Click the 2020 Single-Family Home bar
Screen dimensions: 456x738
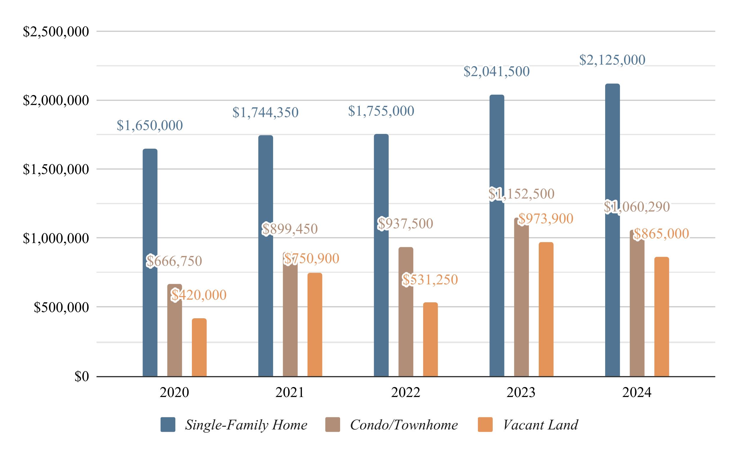(x=150, y=263)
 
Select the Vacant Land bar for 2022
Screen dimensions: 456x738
(x=430, y=339)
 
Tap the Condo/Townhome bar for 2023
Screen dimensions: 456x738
(x=521, y=297)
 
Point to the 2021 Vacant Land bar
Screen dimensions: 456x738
(x=315, y=324)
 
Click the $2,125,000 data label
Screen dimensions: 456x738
(x=612, y=60)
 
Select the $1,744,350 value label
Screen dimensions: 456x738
(x=265, y=112)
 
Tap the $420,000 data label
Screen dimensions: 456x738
(x=199, y=295)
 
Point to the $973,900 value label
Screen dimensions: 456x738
(x=546, y=219)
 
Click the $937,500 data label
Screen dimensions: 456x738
(x=405, y=224)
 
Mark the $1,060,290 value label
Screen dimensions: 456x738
(x=637, y=207)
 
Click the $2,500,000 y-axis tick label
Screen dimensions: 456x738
(x=56, y=32)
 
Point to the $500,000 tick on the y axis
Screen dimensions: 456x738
(x=61, y=307)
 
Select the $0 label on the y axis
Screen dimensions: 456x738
(x=82, y=377)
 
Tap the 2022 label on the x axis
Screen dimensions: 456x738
(x=405, y=392)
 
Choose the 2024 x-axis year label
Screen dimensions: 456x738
(x=637, y=392)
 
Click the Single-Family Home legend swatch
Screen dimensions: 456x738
(x=168, y=425)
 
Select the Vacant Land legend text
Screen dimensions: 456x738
(x=540, y=425)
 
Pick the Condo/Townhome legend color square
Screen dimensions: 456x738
(x=333, y=425)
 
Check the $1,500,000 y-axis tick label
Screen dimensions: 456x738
(x=56, y=170)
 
